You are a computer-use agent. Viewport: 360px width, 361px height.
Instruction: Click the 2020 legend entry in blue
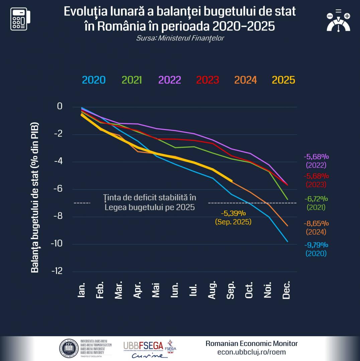coord(94,80)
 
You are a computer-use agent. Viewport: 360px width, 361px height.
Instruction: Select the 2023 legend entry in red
coord(207,80)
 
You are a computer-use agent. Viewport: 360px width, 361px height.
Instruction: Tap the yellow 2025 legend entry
coord(283,80)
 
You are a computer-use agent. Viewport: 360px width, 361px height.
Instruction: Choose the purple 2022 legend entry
coord(170,80)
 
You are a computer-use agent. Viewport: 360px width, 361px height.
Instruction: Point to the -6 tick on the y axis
coord(59,189)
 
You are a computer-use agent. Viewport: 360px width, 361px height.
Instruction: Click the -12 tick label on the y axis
coord(57,271)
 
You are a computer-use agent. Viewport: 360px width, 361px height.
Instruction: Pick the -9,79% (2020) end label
coord(316,249)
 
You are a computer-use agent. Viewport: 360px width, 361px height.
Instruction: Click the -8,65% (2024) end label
coord(316,228)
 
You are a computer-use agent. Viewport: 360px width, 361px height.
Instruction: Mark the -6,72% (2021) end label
coord(316,203)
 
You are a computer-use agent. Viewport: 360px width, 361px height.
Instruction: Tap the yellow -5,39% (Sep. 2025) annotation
coord(233,217)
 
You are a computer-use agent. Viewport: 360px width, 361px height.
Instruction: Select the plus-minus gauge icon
coord(338,21)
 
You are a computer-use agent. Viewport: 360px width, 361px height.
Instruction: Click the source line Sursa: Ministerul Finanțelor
coord(180,38)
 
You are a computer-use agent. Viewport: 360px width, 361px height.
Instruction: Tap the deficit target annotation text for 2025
coord(149,202)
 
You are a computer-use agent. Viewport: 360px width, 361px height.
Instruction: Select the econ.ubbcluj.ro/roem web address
coord(251,352)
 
